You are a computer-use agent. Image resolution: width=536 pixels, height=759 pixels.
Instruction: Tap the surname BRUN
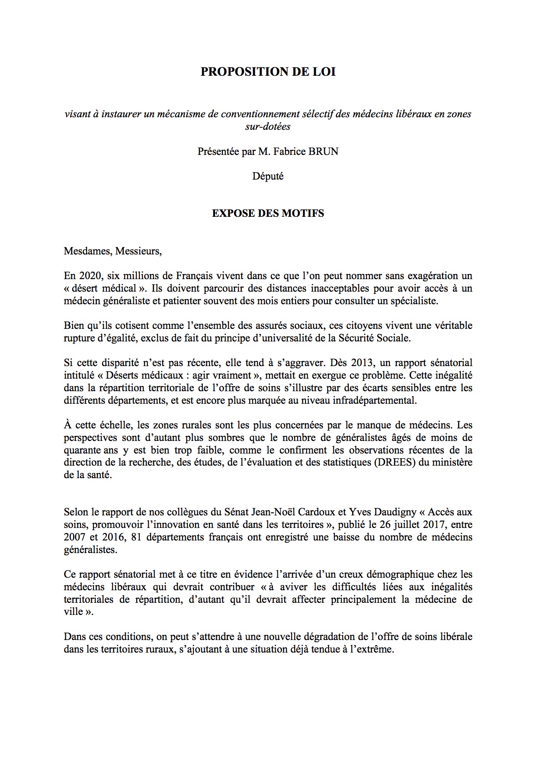coord(322,152)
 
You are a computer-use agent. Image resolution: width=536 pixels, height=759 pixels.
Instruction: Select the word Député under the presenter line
coord(268,177)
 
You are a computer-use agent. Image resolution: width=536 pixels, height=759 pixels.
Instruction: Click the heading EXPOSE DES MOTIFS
coord(268,213)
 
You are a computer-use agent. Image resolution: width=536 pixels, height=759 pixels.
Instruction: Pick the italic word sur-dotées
coord(268,126)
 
